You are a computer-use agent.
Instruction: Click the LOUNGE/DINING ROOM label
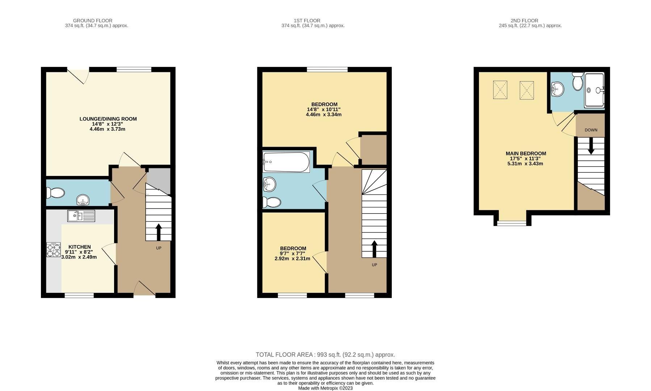click(108, 119)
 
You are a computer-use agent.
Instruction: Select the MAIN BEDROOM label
click(526, 154)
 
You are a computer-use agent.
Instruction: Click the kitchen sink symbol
click(81, 216)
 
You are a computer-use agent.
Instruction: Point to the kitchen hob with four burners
click(53, 250)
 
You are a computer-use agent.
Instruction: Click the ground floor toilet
click(55, 193)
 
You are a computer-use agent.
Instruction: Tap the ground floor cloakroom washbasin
click(83, 199)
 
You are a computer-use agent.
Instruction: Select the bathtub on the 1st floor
click(286, 162)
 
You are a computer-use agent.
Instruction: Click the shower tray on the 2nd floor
click(594, 90)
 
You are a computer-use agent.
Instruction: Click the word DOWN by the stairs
click(591, 130)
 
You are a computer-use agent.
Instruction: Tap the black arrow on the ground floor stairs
click(159, 232)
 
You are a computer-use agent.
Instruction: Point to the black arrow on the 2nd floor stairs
click(591, 147)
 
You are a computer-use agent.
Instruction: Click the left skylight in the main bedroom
click(500, 90)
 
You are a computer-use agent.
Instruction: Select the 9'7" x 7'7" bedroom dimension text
click(292, 253)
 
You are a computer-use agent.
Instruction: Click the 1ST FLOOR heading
click(307, 21)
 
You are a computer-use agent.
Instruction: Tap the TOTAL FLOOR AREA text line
click(325, 355)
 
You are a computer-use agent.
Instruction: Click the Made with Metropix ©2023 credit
click(325, 388)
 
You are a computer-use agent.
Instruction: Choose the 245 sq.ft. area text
click(530, 26)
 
